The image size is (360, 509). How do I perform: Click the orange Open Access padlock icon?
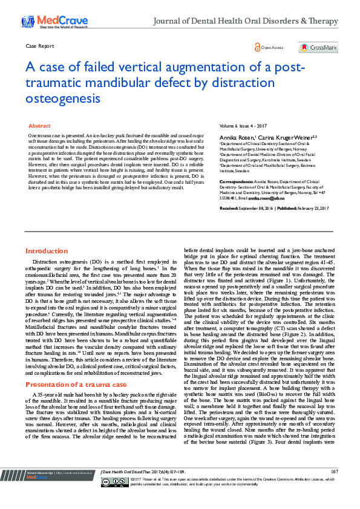(258, 48)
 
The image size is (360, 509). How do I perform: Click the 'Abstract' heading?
(40, 125)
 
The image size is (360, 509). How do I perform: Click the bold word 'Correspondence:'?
(236, 181)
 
